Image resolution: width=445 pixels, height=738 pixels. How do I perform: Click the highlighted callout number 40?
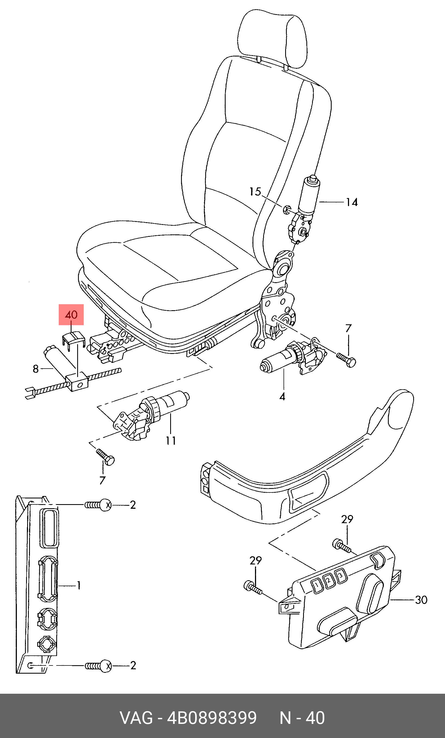(71, 315)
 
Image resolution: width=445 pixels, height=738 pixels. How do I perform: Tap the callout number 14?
(352, 202)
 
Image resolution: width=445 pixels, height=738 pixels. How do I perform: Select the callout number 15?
(255, 192)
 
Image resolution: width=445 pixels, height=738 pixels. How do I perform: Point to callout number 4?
(282, 397)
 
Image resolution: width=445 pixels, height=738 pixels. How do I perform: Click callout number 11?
(171, 441)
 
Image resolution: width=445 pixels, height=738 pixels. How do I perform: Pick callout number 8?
(36, 369)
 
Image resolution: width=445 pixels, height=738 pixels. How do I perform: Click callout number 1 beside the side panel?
(79, 585)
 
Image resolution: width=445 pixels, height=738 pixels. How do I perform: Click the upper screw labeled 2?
(98, 505)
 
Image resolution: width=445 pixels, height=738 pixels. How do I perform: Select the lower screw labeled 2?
(98, 666)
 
